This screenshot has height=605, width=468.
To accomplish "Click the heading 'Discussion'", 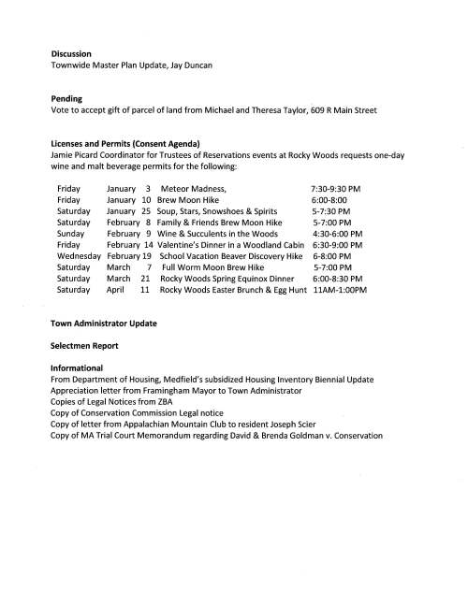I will click(x=72, y=53).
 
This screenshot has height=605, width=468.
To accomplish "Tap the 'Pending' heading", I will click(x=67, y=97).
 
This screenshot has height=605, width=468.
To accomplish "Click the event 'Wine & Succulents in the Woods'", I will click(x=220, y=234).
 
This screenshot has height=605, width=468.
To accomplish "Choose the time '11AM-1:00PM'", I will click(x=340, y=290).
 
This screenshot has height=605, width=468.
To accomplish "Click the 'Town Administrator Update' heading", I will click(x=103, y=323).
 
